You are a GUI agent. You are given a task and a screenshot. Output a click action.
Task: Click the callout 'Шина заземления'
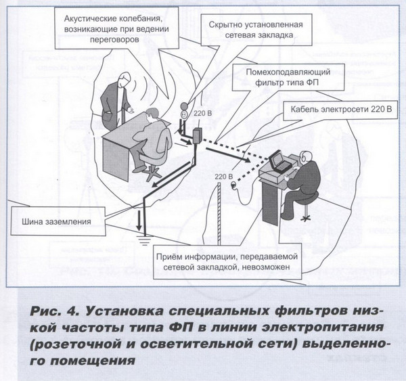click(58, 221)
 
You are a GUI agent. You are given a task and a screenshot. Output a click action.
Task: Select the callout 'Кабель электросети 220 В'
click(341, 110)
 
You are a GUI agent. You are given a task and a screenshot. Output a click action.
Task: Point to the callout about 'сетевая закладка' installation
click(256, 30)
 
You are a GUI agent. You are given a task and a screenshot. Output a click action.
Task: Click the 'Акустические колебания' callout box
click(116, 28)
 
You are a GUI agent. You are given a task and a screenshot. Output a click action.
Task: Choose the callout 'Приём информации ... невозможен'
click(227, 262)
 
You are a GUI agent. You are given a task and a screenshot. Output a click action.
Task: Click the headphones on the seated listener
click(306, 156)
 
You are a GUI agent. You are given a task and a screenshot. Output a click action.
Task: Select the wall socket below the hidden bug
click(184, 114)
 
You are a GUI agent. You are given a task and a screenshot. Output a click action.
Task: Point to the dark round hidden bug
click(184, 106)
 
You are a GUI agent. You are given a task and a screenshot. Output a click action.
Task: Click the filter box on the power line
click(198, 136)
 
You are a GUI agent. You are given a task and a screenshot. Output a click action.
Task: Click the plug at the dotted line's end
click(233, 185)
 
